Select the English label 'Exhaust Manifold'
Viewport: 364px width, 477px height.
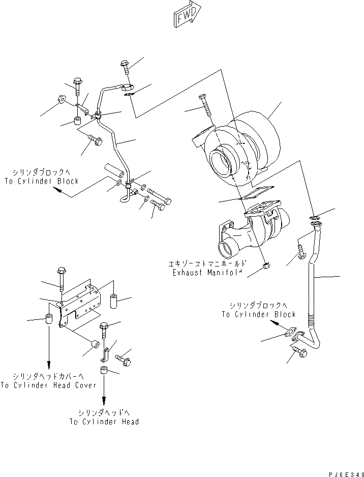pyautogui.click(x=207, y=273)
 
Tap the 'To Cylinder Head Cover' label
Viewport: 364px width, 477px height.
pyautogui.click(x=48, y=385)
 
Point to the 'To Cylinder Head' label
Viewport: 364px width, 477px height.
pyautogui.click(x=104, y=422)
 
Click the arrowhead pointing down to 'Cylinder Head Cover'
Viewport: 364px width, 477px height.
pyautogui.click(x=49, y=366)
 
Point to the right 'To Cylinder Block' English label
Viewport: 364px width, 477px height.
pyautogui.click(x=258, y=314)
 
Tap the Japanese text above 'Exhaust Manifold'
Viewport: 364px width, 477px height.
pyautogui.click(x=208, y=264)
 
